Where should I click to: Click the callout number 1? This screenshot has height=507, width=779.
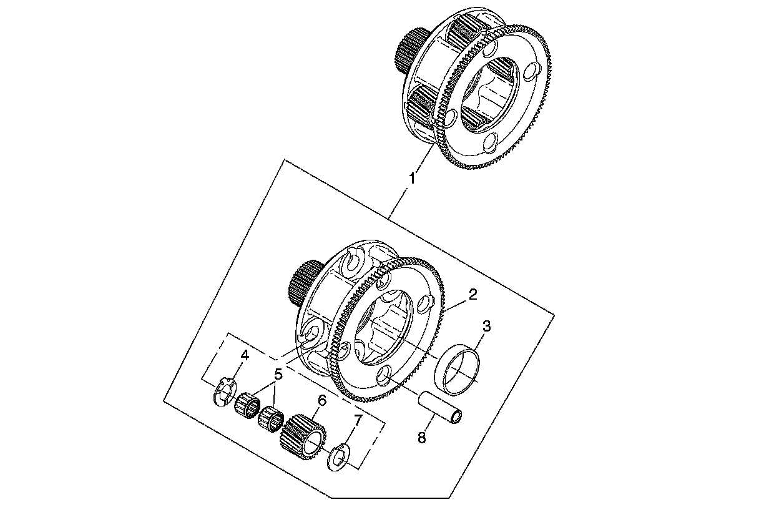coord(411,179)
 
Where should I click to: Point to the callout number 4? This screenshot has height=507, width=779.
coord(245,355)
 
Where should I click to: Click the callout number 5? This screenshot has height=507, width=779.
coord(278,375)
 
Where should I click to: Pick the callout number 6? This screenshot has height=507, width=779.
coord(322,400)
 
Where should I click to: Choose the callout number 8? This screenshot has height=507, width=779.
coord(421,438)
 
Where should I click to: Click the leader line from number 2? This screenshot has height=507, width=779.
coord(456,303)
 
